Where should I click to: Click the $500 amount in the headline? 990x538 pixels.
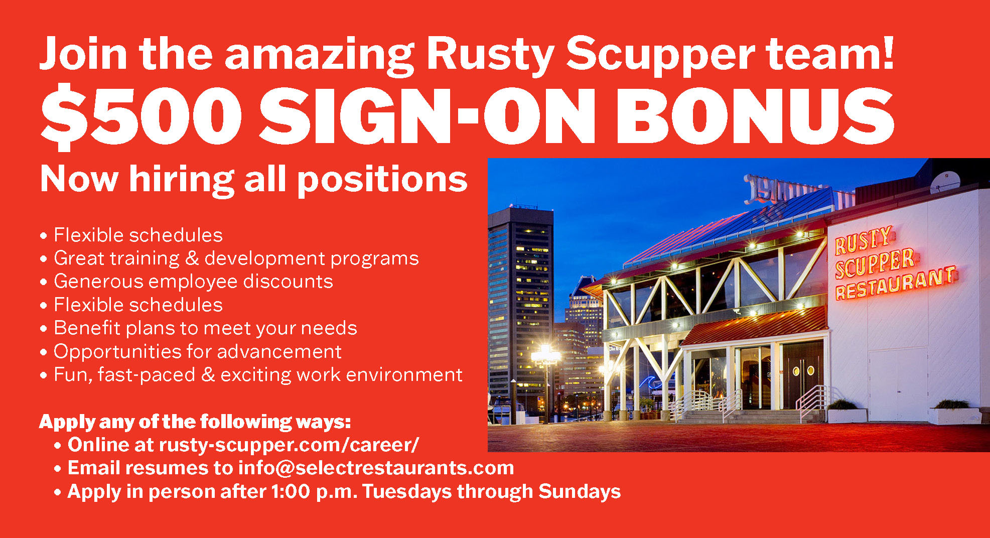[141, 117]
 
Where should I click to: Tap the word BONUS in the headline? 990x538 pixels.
[756, 116]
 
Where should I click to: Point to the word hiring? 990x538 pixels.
[182, 180]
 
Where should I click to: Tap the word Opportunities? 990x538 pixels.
[117, 352]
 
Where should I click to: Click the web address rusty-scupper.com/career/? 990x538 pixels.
[289, 445]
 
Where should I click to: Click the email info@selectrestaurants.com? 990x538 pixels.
[376, 468]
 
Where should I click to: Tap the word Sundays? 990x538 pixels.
[580, 491]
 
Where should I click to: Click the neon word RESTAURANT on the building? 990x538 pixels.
[896, 284]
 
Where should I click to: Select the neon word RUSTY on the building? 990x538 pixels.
[863, 240]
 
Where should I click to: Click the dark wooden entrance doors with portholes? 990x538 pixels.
[803, 374]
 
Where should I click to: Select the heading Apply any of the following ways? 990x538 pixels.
[195, 422]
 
